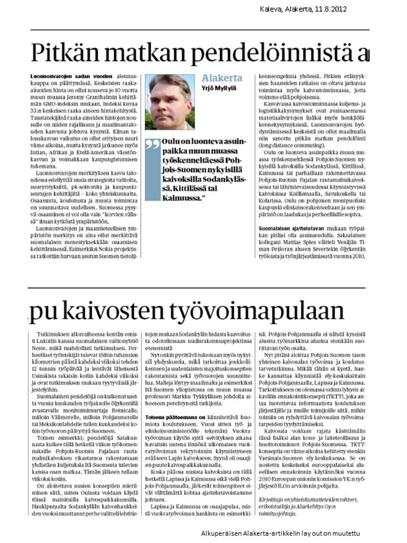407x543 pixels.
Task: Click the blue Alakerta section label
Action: [x=222, y=78]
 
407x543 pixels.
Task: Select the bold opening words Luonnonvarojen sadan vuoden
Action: [x=63, y=75]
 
